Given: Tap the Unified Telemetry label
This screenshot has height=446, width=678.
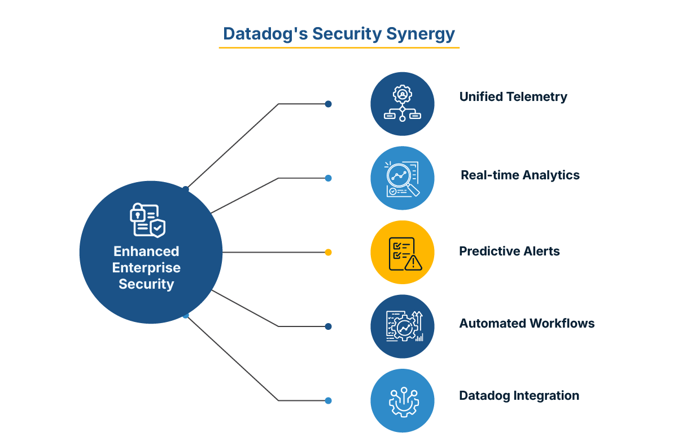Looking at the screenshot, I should (x=513, y=97).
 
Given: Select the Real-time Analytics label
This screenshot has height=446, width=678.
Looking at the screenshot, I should (x=520, y=175).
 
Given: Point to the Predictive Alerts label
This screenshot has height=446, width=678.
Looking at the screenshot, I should (x=509, y=251).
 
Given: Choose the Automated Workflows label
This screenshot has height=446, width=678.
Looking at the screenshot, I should (x=527, y=324).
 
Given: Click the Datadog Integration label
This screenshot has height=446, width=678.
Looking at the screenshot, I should (x=519, y=396).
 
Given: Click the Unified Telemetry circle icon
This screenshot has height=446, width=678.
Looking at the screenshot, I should (x=403, y=104).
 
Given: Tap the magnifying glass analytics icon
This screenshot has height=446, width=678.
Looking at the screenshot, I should (x=403, y=178).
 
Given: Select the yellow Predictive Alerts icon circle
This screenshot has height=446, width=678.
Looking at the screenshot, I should (x=403, y=252).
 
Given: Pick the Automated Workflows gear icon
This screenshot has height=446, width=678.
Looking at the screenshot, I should (x=403, y=326).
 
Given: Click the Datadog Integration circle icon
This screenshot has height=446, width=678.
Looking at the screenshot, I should (x=403, y=401).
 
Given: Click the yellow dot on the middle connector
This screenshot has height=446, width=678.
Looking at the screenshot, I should (x=329, y=252).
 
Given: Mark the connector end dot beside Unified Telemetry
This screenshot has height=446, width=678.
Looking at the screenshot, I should (x=329, y=104).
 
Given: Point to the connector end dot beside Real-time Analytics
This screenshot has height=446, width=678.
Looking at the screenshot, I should (x=329, y=178).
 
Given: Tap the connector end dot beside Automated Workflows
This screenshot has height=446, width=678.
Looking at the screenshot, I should (x=329, y=326).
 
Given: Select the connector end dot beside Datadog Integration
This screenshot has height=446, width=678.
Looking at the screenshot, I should (x=329, y=401).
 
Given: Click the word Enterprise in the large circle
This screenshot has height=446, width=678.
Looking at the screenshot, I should (x=146, y=268).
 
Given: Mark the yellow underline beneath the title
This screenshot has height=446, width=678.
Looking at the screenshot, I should (x=339, y=47).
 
